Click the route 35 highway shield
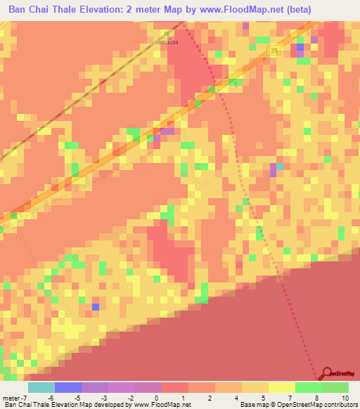click(274, 51)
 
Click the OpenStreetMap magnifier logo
click(328, 375)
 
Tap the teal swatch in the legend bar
click(41, 387)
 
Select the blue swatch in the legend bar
click(67, 387)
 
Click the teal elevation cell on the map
click(281, 167)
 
